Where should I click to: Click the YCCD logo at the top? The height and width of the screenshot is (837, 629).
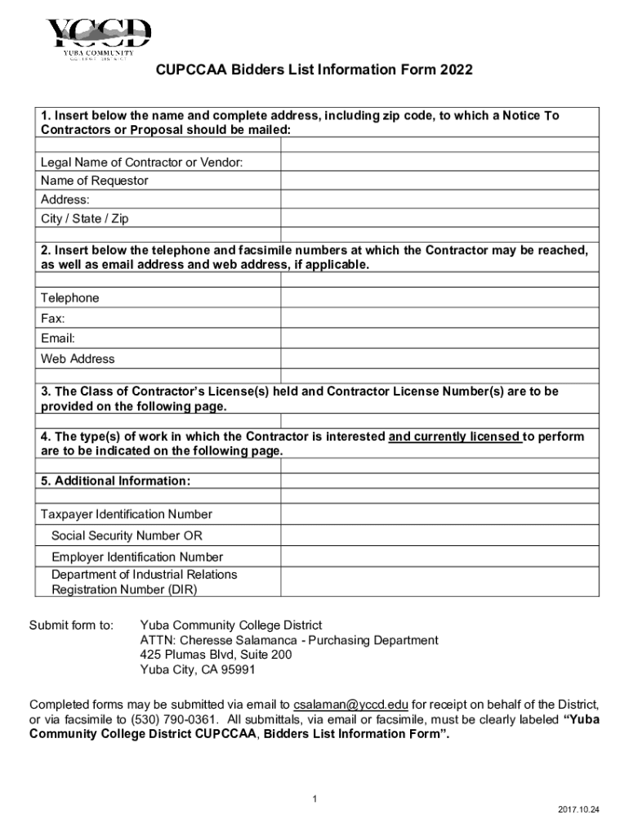click(99, 40)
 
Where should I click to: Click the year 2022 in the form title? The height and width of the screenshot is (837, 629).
click(456, 70)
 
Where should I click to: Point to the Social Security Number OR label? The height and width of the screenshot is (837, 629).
click(127, 536)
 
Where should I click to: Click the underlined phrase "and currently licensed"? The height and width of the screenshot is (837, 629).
click(455, 436)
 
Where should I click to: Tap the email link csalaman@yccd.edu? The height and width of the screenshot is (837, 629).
click(351, 705)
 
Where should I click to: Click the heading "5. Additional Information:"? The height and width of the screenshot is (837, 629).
click(116, 481)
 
